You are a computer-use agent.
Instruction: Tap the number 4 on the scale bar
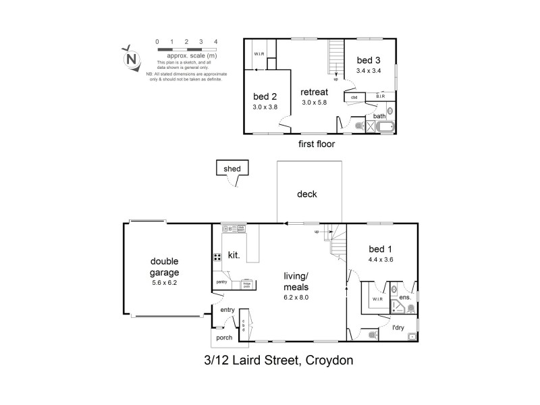(x=215, y=42)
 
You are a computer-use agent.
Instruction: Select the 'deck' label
(x=307, y=194)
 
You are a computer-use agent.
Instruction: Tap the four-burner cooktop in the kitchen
(x=218, y=256)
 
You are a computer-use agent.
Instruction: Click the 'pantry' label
(x=221, y=282)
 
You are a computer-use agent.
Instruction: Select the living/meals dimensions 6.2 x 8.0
(x=295, y=297)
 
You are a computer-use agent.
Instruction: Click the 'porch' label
(x=223, y=337)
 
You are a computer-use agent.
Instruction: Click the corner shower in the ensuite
(x=399, y=308)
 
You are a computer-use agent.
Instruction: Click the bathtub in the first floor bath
(x=385, y=127)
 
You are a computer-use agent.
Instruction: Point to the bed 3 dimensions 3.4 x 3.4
(x=369, y=71)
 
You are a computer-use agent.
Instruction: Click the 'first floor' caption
(x=316, y=144)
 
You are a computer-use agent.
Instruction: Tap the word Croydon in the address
(x=330, y=360)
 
